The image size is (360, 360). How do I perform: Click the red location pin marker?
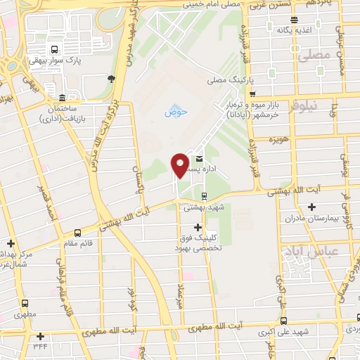[x=180, y=165]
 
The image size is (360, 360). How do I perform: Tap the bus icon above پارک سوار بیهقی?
[x=54, y=50]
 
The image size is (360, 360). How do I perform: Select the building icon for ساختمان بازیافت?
[x=63, y=97]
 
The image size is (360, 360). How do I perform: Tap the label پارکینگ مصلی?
[x=229, y=82]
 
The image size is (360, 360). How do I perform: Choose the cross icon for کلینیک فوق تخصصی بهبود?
[x=198, y=227]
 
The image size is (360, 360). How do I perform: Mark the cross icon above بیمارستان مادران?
[x=311, y=207]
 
